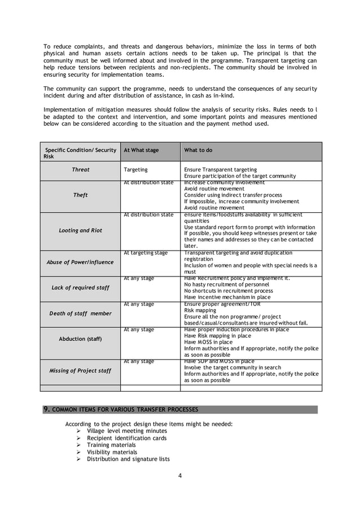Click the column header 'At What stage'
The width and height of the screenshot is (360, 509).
click(x=141, y=151)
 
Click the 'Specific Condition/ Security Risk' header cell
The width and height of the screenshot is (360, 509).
click(x=80, y=153)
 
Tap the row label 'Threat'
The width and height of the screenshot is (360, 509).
click(x=80, y=169)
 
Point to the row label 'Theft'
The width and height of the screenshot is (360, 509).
click(x=80, y=195)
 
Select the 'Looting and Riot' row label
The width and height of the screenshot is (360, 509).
click(x=80, y=230)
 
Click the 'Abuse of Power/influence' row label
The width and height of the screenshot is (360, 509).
click(x=80, y=262)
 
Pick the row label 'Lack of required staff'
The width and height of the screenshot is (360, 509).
click(x=80, y=288)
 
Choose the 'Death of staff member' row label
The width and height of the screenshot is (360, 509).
click(x=80, y=313)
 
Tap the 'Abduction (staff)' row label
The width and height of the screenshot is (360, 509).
click(x=80, y=339)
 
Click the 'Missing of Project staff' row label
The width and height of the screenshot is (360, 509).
click(x=80, y=370)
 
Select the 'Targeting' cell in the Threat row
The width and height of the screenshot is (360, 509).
click(x=135, y=169)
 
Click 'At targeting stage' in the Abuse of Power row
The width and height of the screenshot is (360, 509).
click(x=146, y=253)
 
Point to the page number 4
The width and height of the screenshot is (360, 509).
click(x=180, y=475)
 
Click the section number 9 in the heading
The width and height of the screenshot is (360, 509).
click(x=47, y=409)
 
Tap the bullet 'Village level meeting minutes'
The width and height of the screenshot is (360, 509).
click(x=126, y=431)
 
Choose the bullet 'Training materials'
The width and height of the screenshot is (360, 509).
click(x=111, y=445)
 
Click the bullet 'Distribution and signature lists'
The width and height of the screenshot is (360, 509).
click(x=128, y=459)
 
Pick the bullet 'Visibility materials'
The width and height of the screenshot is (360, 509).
click(x=112, y=452)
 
